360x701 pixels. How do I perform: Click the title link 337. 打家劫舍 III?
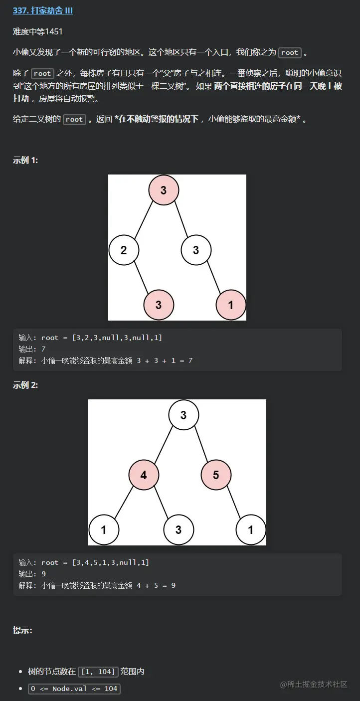click(43, 10)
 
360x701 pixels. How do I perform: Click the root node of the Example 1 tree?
click(164, 190)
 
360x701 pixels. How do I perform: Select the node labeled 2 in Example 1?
click(124, 250)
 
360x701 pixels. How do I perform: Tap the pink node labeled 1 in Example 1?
click(231, 304)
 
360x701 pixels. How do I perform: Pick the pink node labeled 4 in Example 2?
click(144, 475)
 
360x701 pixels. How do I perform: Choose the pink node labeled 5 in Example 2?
click(216, 475)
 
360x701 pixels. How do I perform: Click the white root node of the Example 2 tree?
click(183, 415)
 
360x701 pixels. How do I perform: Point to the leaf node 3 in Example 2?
click(179, 529)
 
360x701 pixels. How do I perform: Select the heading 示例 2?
click(25, 385)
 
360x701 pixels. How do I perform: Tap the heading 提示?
click(22, 630)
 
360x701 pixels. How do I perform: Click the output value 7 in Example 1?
click(43, 349)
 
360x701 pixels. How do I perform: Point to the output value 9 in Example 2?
click(43, 574)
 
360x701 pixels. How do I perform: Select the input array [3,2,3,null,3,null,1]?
click(117, 338)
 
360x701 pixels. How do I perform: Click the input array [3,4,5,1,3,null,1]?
click(111, 562)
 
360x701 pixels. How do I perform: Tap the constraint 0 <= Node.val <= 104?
click(74, 689)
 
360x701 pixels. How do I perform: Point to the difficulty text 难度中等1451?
click(38, 31)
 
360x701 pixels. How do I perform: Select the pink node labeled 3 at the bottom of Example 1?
click(159, 304)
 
